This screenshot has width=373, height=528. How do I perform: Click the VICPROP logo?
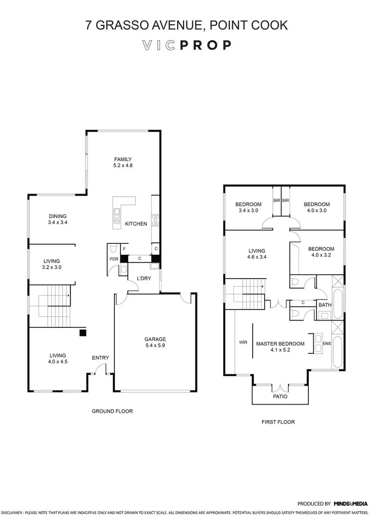tap(186, 45)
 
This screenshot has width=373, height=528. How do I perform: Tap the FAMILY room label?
tap(122, 159)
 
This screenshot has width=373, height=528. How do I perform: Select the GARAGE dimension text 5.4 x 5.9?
tap(156, 345)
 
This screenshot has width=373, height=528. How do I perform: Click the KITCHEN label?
tap(136, 224)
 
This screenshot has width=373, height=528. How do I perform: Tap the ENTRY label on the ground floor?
tap(100, 358)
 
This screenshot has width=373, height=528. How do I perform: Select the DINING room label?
tap(58, 216)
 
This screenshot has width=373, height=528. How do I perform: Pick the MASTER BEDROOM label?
tap(280, 343)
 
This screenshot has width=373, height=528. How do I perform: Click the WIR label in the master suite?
tap(243, 342)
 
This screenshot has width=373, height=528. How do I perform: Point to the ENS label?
tap(326, 343)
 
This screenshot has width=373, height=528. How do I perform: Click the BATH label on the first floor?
tap(325, 305)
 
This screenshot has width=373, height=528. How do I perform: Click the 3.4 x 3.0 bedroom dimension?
tap(248, 211)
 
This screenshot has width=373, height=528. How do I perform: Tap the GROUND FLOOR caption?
tap(112, 411)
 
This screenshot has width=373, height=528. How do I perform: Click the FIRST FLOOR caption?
tap(278, 422)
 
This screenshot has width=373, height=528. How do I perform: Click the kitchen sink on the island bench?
tap(117, 215)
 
